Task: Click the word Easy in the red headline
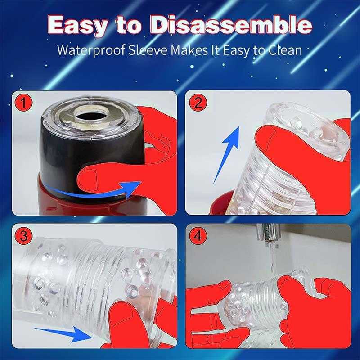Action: tap(77, 25)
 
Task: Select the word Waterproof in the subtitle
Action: tap(91, 50)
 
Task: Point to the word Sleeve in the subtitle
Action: tap(148, 49)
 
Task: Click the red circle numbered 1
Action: tap(23, 103)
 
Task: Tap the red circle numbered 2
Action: tap(198, 103)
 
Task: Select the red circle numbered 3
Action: tap(23, 236)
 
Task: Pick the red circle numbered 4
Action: tap(198, 235)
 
